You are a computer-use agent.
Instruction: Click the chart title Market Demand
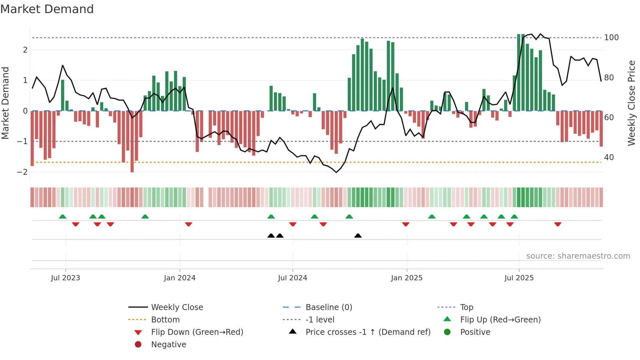47,9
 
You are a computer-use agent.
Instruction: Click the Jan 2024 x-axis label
180,278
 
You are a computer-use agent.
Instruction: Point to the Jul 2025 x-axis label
519,278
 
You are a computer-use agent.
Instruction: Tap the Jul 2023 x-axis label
65,278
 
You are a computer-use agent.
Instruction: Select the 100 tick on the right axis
611,38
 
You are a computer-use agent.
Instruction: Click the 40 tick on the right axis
609,157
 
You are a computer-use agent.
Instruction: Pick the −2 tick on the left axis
23,172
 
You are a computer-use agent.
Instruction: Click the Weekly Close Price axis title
632,103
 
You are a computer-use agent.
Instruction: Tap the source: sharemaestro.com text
578,256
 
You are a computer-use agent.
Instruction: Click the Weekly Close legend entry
177,307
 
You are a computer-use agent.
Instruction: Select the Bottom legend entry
165,320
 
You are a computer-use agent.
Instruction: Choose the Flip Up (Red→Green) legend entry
500,320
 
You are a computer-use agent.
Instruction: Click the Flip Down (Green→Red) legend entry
197,332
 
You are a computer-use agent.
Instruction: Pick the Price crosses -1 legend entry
368,332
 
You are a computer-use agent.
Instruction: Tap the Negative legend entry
168,345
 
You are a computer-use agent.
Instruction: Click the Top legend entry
467,307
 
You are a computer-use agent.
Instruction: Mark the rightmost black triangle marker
358,236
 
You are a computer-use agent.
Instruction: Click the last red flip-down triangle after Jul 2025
558,224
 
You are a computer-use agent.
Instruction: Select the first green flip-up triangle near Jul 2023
62,217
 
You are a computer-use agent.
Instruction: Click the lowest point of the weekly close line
336,172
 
